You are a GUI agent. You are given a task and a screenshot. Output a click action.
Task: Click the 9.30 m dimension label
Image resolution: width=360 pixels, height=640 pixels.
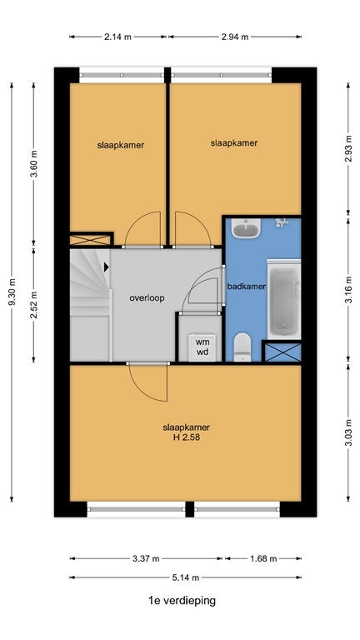[x=12, y=292]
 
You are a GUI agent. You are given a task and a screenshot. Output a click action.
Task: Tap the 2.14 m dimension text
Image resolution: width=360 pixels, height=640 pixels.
[x=118, y=37]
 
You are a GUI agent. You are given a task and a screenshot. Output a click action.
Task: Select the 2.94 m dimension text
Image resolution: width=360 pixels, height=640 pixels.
[x=235, y=37]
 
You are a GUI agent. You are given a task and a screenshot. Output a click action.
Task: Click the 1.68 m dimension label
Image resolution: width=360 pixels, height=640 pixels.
[x=263, y=559]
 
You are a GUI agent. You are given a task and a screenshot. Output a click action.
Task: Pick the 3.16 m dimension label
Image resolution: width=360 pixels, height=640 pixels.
[x=348, y=290]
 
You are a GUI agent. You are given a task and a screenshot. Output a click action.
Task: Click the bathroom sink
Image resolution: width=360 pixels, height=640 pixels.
[x=246, y=228]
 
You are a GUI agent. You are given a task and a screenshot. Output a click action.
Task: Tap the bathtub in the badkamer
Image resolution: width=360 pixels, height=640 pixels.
[x=284, y=300]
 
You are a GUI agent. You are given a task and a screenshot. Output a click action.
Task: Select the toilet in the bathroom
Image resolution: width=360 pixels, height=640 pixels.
[x=242, y=347]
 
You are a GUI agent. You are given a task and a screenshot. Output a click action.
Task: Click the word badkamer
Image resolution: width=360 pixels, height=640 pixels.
[x=247, y=287]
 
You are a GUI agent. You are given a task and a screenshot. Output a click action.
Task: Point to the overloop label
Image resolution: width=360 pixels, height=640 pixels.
[x=147, y=298]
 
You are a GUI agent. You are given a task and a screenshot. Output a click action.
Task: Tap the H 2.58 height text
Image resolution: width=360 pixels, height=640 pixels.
[x=187, y=438]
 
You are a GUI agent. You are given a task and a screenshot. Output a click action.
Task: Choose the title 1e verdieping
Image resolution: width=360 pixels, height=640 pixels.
[x=182, y=600]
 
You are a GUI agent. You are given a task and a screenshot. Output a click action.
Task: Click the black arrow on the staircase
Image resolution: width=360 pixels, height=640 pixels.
[x=107, y=267]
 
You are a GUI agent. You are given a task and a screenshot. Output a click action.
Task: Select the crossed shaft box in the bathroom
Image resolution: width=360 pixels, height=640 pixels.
[x=282, y=352]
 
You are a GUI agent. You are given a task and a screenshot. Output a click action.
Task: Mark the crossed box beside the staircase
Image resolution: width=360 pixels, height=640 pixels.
[x=91, y=239]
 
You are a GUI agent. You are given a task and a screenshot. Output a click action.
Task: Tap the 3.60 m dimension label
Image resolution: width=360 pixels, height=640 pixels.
[x=34, y=163]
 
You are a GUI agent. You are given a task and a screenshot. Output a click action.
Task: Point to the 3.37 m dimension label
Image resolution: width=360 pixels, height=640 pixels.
[x=146, y=559]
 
